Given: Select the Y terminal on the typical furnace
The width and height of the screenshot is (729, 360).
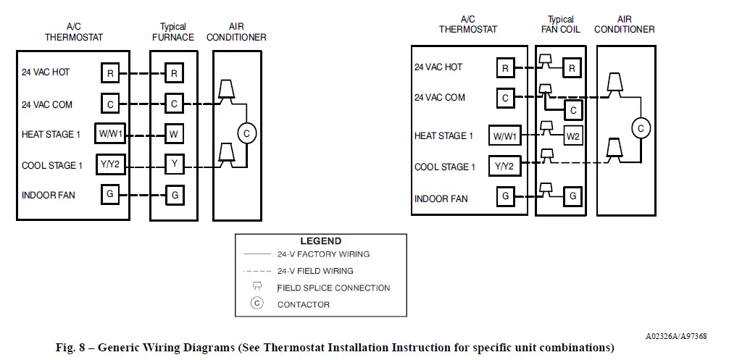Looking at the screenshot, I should [x=174, y=164].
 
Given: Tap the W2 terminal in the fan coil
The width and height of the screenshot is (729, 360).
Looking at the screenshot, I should [x=572, y=135].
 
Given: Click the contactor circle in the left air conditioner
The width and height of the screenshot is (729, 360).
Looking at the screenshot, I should [x=246, y=133].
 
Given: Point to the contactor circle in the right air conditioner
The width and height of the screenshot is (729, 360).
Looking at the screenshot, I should [x=640, y=128].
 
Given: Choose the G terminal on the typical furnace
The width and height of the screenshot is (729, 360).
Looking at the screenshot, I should [x=174, y=195].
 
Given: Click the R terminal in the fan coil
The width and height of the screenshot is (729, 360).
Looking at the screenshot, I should [x=572, y=69].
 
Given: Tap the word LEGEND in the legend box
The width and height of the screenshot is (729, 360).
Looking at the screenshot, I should [x=320, y=241].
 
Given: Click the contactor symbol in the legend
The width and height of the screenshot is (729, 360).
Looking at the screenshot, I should [x=257, y=304].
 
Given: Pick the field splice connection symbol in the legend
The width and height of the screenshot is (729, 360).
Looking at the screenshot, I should [x=257, y=287].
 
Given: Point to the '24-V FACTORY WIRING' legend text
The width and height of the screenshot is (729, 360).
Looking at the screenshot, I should [x=323, y=254].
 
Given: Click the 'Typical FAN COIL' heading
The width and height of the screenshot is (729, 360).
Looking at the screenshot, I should [x=560, y=25].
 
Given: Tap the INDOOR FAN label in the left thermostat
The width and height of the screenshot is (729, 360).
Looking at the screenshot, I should [x=49, y=196].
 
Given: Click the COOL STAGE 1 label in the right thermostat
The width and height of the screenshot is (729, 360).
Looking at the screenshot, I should [x=445, y=167].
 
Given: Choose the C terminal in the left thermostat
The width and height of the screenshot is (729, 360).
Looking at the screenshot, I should [x=110, y=104].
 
